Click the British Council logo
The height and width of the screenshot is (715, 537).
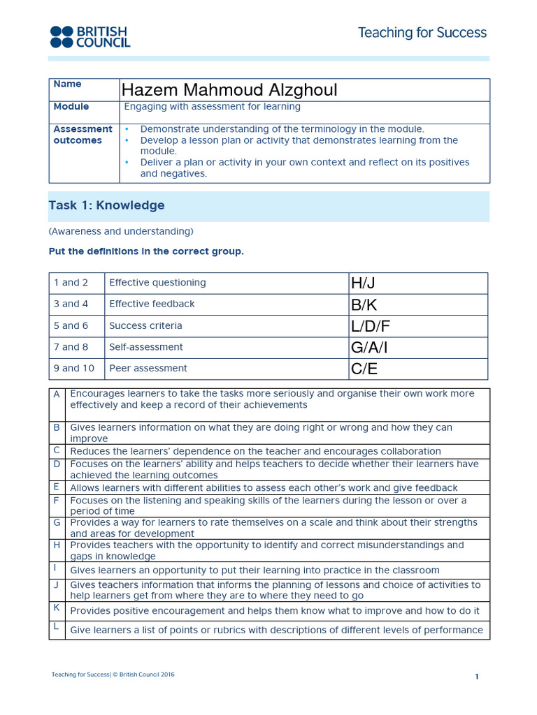[89, 36]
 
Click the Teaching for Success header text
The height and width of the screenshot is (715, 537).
[422, 33]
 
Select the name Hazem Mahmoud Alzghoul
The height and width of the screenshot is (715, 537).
[229, 90]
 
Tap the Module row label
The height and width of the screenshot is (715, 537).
[71, 107]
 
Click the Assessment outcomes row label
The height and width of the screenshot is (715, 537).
[83, 135]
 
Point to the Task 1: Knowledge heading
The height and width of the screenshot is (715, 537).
[107, 205]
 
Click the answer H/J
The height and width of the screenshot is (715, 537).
[364, 283]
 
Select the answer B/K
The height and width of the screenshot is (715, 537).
[364, 304]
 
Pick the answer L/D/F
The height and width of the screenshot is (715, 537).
[371, 326]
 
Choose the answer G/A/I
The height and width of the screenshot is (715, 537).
[371, 348]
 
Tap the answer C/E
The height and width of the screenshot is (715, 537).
[364, 369]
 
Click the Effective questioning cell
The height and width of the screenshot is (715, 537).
[157, 283]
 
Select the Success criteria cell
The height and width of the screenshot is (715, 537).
[145, 326]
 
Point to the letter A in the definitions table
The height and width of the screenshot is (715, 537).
[57, 395]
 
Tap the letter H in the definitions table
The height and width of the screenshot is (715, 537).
[57, 545]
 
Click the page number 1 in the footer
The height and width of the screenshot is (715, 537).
[476, 677]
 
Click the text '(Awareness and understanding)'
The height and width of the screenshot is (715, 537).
[121, 231]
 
